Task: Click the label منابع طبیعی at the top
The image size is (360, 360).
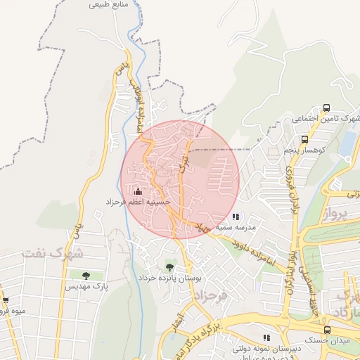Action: pos(109,5)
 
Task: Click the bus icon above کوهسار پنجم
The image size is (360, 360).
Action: pos(304,139)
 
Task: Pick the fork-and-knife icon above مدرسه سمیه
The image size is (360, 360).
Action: pos(236,217)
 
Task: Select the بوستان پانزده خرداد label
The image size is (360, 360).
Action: pos(169,278)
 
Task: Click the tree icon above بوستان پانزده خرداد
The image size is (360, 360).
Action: pos(169,266)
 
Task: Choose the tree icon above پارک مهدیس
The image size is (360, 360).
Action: pos(86,275)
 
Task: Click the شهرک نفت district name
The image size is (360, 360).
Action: pos(53,252)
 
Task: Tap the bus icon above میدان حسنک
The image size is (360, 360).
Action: pos(327,330)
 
